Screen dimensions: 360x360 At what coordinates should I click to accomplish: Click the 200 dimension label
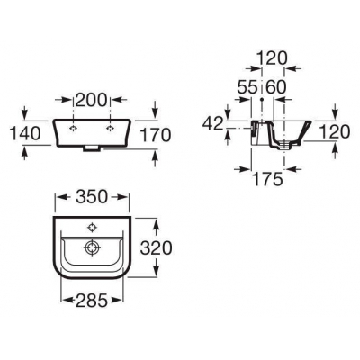(91, 100)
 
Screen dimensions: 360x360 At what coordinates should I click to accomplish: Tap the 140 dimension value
(25, 133)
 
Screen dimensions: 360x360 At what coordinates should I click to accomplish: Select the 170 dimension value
(156, 135)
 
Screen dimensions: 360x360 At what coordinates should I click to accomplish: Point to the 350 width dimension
(92, 197)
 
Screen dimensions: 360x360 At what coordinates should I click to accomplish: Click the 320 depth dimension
(157, 248)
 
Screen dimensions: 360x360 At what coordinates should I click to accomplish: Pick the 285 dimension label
(92, 301)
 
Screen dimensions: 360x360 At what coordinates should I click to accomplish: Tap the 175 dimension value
(267, 179)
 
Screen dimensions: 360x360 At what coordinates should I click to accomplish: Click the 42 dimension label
(213, 123)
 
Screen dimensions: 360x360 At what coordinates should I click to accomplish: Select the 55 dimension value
(247, 87)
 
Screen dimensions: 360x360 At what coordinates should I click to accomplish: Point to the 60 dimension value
(276, 87)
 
